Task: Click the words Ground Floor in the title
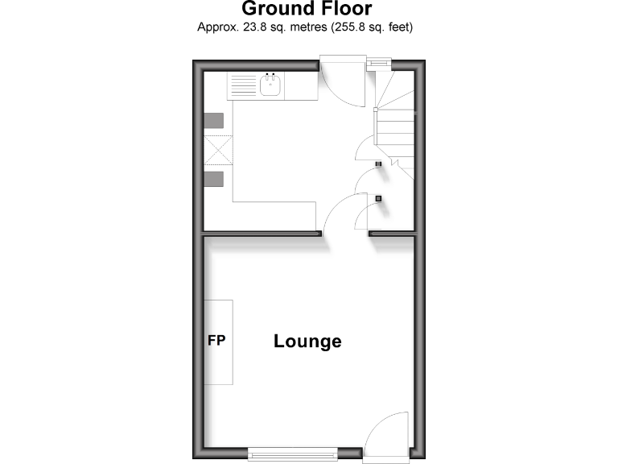point(307,10)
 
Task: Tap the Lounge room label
point(307,341)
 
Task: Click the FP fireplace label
point(216,340)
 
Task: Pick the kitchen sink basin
point(272,85)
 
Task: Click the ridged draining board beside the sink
point(242,85)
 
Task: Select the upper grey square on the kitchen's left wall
point(213,121)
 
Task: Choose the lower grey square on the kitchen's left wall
point(213,179)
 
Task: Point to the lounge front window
point(292,453)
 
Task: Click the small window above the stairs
point(378,63)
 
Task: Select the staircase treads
point(396,129)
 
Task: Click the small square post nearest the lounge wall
point(378,198)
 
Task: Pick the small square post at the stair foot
point(379,164)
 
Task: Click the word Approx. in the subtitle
point(217,27)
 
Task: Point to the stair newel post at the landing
point(376,109)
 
